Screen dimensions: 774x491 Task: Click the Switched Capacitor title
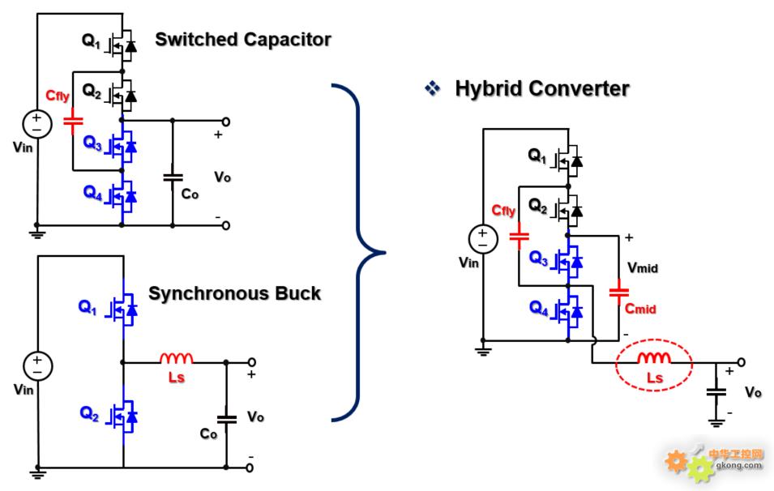click(243, 40)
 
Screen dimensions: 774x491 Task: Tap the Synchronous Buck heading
click(234, 293)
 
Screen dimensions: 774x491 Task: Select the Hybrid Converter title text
click(542, 89)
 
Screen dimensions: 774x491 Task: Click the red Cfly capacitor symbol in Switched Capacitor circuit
click(73, 121)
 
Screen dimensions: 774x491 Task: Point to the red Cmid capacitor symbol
click(618, 292)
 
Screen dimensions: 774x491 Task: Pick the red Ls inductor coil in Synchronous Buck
click(176, 358)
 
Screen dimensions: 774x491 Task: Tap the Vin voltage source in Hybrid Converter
click(483, 239)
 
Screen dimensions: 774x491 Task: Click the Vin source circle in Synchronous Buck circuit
click(38, 365)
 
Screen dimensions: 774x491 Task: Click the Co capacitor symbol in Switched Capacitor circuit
click(173, 177)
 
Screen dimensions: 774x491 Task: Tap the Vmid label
click(642, 268)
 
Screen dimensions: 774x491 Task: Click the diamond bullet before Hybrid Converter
click(433, 88)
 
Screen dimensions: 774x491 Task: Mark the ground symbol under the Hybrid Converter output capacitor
click(716, 422)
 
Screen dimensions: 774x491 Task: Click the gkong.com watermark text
click(738, 465)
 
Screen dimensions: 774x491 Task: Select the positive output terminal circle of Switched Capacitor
click(225, 122)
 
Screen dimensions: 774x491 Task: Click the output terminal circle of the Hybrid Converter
click(741, 363)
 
